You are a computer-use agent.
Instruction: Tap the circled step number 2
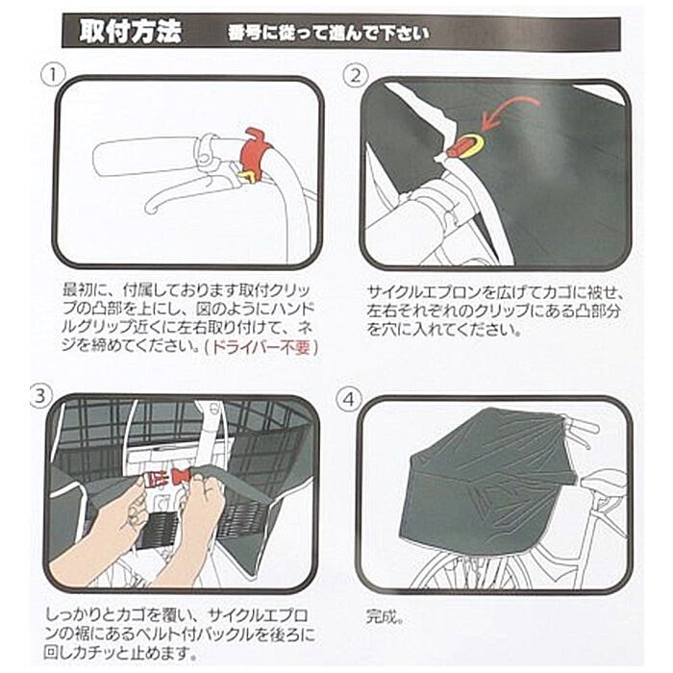pos(356,75)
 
